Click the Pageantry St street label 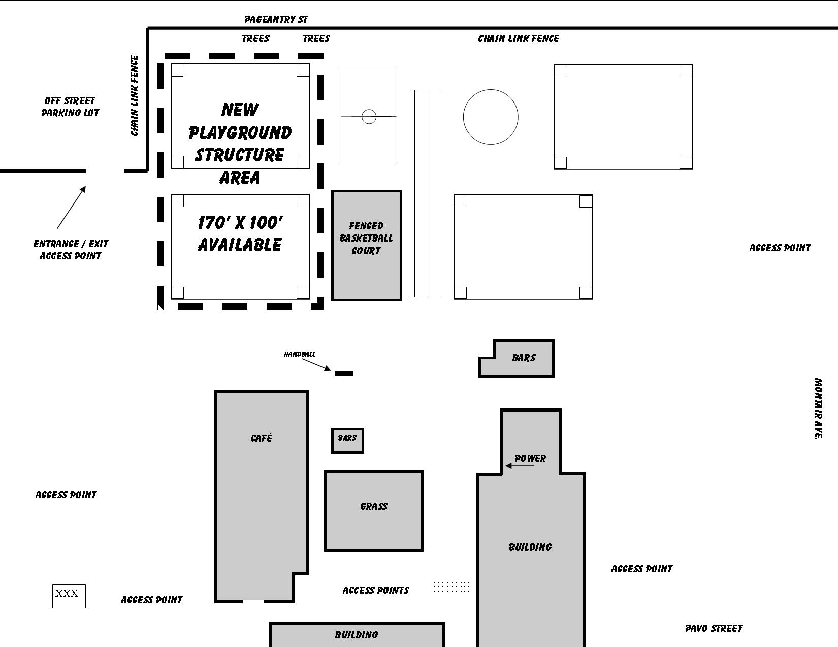click(276, 19)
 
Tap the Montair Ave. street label click(818, 408)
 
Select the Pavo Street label click(714, 629)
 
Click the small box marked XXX click(69, 596)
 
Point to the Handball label click(300, 354)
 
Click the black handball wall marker click(344, 373)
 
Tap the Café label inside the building click(262, 438)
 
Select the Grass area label click(374, 506)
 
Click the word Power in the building click(530, 458)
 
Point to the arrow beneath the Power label click(520, 466)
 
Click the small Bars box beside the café click(347, 440)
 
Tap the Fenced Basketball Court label click(366, 238)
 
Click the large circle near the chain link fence click(491, 90)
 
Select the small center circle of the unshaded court click(369, 110)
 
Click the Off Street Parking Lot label click(70, 107)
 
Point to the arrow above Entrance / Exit click(71, 208)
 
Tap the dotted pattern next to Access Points click(451, 587)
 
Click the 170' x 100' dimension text click(240, 223)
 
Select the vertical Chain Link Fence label click(134, 96)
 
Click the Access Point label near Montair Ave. click(780, 248)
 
